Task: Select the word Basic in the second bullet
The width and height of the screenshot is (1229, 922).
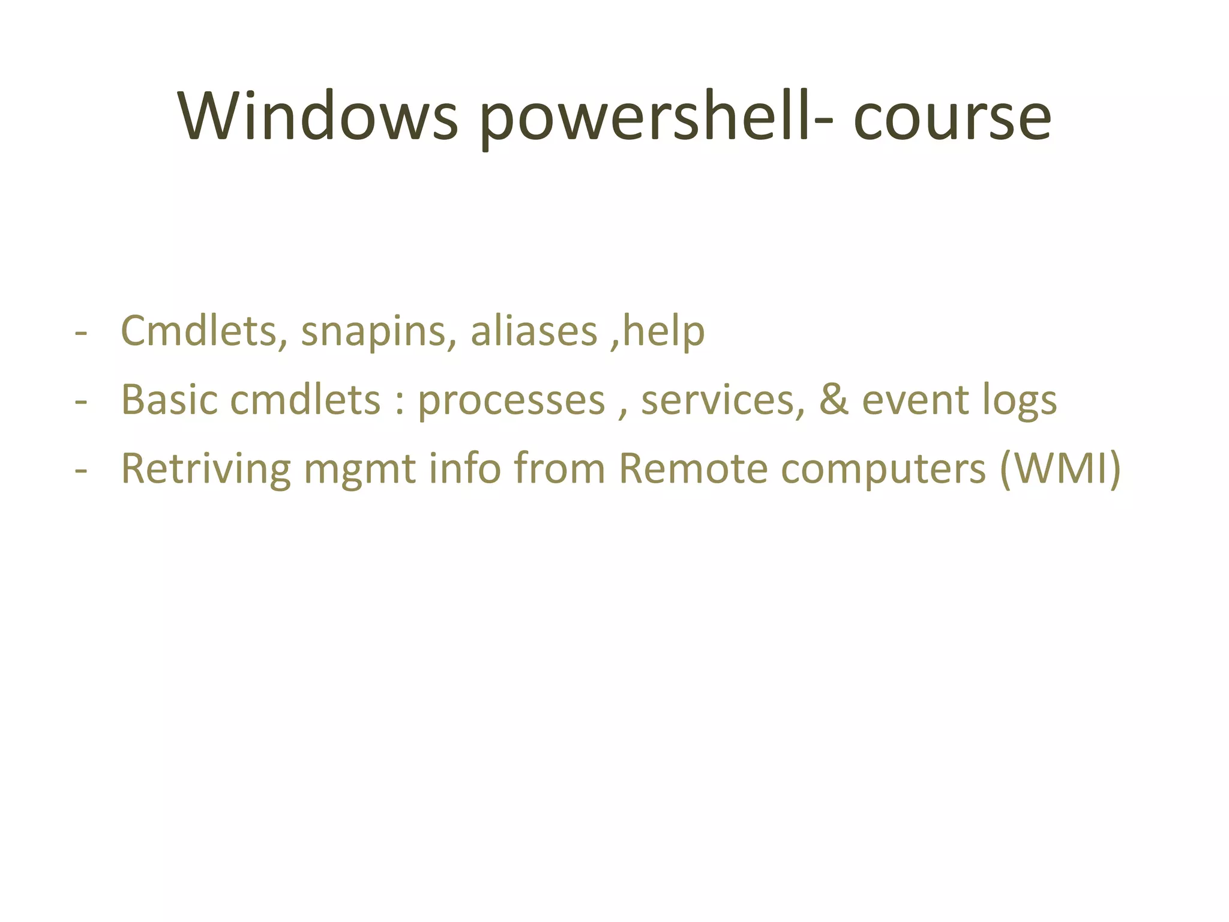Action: pos(169,400)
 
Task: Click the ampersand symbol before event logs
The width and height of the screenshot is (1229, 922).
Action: pos(834,400)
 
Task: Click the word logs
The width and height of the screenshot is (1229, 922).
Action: pos(1020,401)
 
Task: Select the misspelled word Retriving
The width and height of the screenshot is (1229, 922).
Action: pos(206,468)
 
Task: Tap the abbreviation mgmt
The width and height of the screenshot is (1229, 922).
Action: pos(359,469)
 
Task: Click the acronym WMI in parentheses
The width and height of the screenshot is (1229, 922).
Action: pos(1060,468)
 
